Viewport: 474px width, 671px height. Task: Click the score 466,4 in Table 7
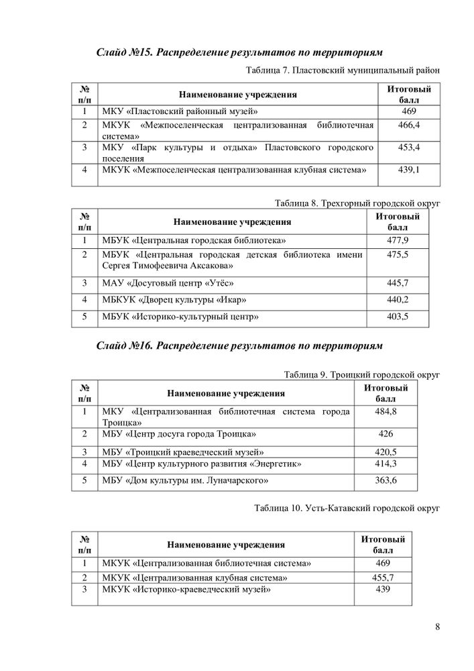click(x=408, y=125)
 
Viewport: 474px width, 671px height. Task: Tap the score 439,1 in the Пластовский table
click(x=408, y=170)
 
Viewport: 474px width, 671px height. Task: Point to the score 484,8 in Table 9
click(x=386, y=411)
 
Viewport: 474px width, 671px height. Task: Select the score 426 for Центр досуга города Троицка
click(x=386, y=434)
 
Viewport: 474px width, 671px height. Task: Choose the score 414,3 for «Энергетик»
click(x=386, y=464)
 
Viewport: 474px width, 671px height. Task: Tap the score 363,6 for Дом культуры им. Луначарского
click(x=386, y=480)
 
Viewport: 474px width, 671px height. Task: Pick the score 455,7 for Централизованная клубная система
click(x=383, y=577)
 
